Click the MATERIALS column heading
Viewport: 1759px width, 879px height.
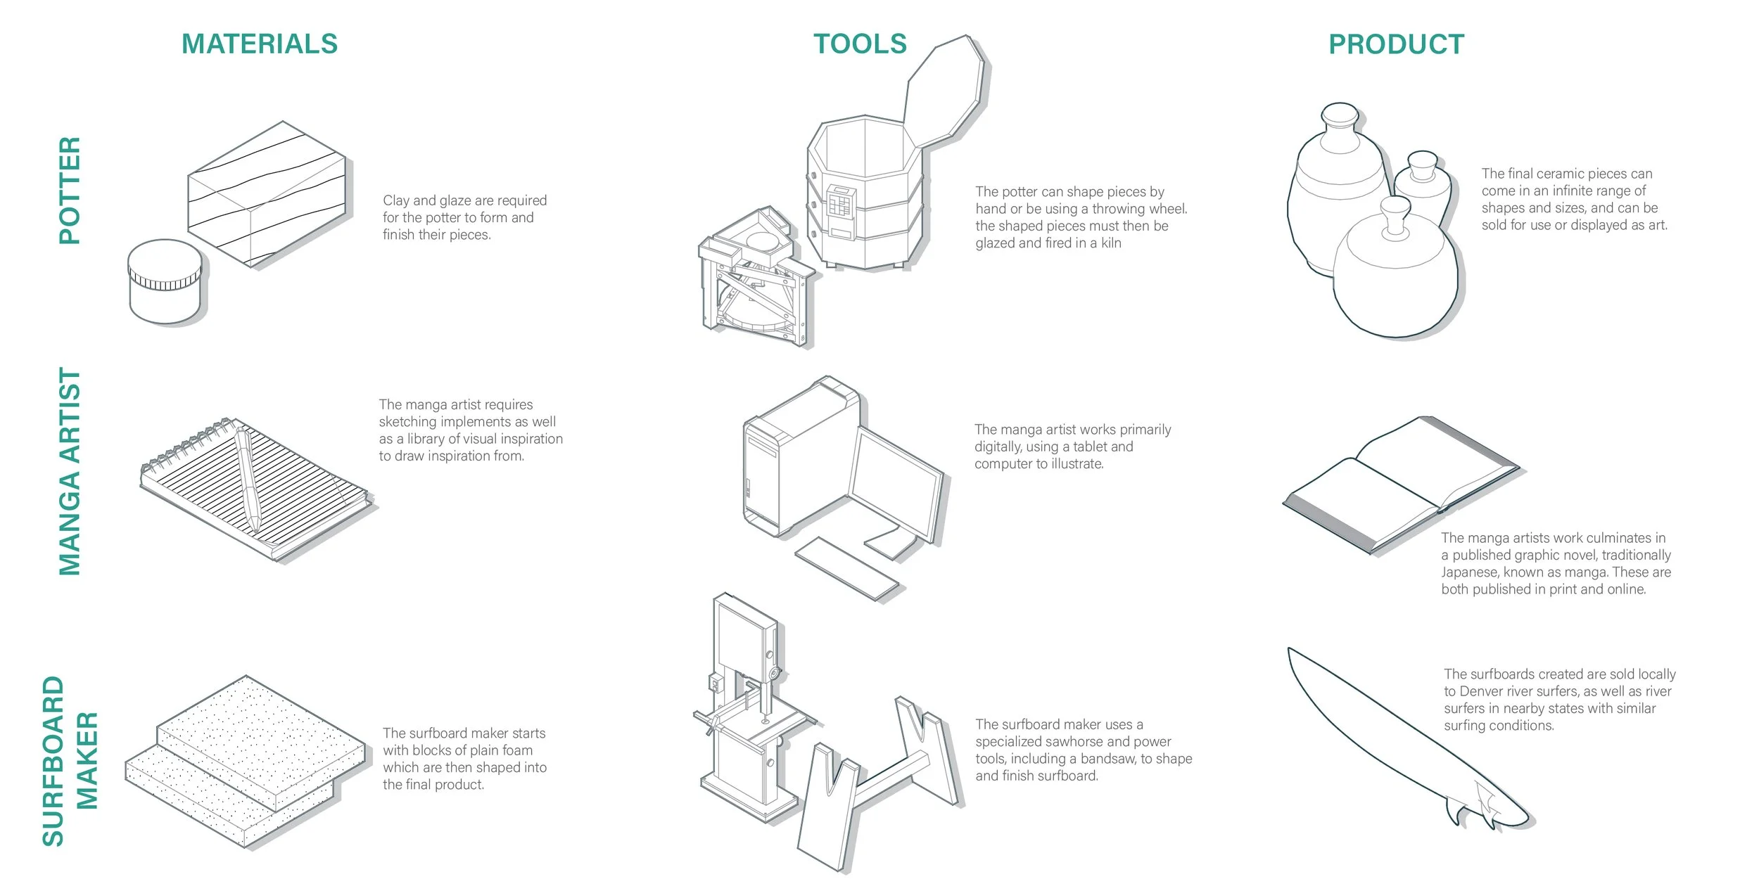(260, 44)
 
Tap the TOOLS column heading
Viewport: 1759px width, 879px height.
(860, 44)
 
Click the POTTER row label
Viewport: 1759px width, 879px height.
(70, 191)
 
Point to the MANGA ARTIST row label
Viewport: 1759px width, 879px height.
(70, 471)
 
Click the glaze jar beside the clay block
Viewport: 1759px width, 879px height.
(165, 281)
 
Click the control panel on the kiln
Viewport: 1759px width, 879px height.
(841, 211)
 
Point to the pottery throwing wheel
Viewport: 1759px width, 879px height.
(753, 281)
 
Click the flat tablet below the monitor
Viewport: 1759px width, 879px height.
(846, 568)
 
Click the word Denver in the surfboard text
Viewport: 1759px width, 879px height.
(1482, 691)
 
